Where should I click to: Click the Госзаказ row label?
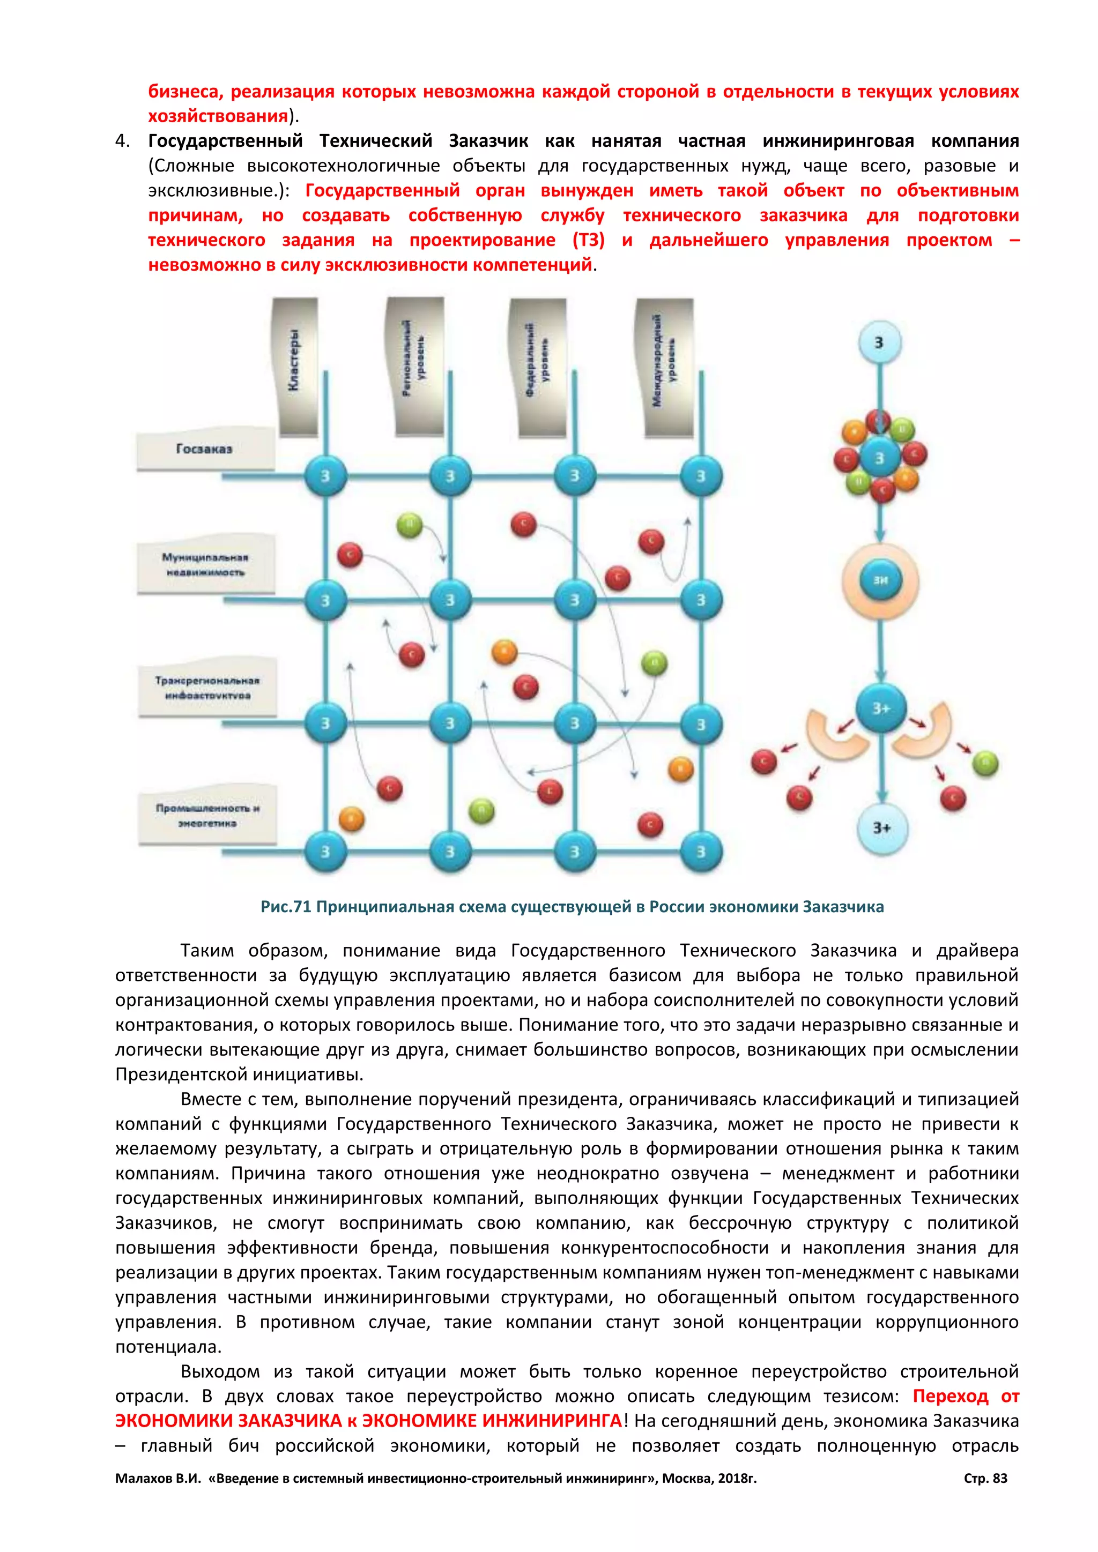tap(204, 449)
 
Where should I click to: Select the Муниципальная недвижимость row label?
tap(205, 564)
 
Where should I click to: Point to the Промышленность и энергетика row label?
tap(207, 815)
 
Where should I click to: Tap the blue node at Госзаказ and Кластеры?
tap(325, 476)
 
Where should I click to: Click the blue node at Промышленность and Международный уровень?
tap(700, 852)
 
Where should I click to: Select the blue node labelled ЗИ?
tap(880, 580)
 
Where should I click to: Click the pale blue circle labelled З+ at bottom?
tap(880, 828)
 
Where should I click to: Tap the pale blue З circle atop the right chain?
tap(879, 342)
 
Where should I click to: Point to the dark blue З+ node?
tap(880, 708)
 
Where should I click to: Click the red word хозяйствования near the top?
tap(218, 116)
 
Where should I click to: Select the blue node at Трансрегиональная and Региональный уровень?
tap(450, 724)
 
